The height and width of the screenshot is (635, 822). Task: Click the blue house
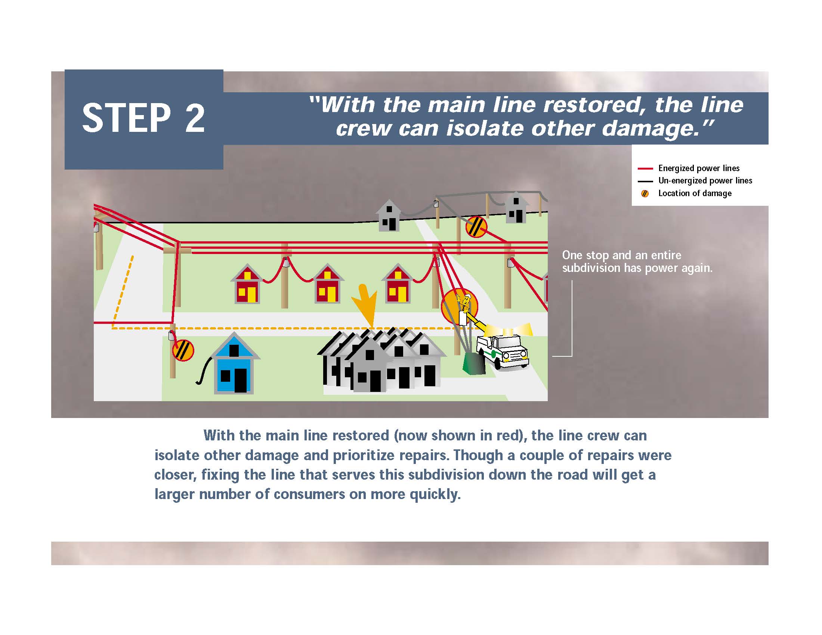234,364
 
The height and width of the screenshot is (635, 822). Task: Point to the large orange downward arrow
364,305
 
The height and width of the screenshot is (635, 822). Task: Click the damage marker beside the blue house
183,350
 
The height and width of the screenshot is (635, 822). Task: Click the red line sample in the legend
645,168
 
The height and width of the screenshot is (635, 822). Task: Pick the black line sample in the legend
645,181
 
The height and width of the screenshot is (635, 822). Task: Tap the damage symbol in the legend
645,194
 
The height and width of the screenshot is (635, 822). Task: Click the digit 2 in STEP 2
195,118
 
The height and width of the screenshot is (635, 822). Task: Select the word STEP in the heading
126,118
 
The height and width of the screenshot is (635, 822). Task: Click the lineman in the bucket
464,303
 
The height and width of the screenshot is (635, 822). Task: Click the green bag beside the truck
474,363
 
